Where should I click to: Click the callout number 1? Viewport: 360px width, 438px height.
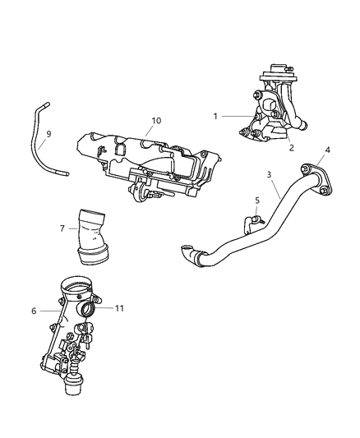point(215,116)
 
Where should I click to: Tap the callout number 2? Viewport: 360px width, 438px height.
point(290,148)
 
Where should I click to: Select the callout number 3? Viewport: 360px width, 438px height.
point(268,174)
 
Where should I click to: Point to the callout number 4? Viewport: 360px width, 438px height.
point(328,150)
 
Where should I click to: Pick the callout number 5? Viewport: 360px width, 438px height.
point(256,200)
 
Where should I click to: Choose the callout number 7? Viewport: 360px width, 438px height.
point(62,228)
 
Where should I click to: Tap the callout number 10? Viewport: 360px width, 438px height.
point(155,120)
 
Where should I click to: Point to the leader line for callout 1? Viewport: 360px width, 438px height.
point(233,116)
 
